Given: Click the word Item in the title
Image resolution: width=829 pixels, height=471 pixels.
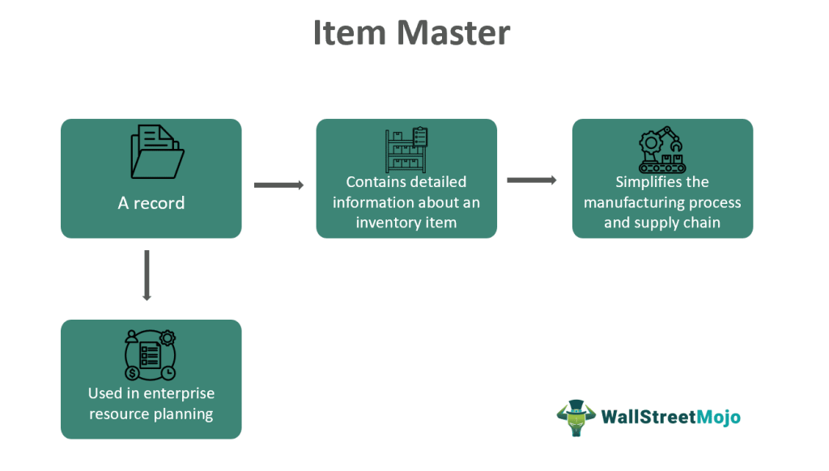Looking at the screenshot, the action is [350, 32].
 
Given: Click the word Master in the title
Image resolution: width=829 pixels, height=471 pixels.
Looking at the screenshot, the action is [453, 32].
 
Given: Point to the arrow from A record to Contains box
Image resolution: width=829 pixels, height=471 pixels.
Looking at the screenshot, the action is [278, 185].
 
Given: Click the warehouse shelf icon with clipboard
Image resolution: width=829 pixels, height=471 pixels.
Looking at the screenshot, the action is [406, 150].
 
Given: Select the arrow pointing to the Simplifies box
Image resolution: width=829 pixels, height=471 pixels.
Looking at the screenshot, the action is [532, 180].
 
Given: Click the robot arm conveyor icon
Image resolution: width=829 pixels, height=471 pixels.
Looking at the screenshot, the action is [662, 150].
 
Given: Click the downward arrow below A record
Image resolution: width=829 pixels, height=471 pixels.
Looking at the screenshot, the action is [147, 275].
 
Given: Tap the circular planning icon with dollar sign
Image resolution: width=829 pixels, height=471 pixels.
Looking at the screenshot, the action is [151, 355].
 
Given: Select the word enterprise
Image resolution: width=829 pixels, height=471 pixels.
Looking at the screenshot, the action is [179, 394].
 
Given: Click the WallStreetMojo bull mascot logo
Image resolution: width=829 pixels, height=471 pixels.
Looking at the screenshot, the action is [576, 418].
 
